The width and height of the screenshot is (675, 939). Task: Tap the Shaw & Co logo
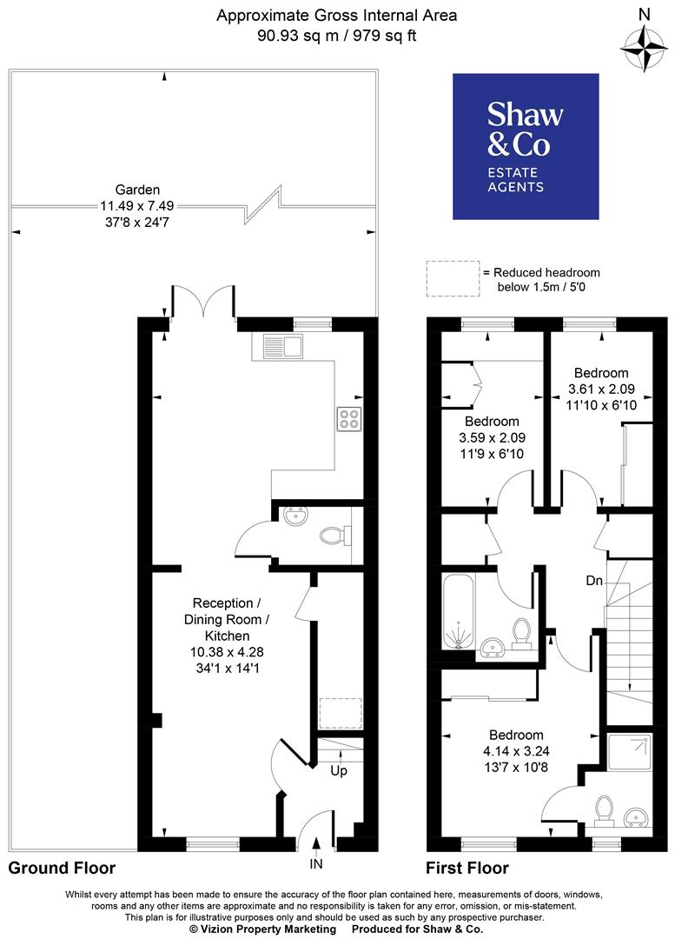(x=525, y=146)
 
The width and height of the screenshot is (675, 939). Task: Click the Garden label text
(x=137, y=190)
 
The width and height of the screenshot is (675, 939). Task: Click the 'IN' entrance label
(x=317, y=863)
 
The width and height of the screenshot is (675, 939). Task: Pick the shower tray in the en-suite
(x=629, y=756)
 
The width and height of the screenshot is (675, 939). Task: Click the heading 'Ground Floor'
(x=62, y=868)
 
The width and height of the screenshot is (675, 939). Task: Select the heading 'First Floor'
(x=467, y=868)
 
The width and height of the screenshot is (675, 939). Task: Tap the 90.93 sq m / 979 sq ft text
(x=336, y=36)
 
